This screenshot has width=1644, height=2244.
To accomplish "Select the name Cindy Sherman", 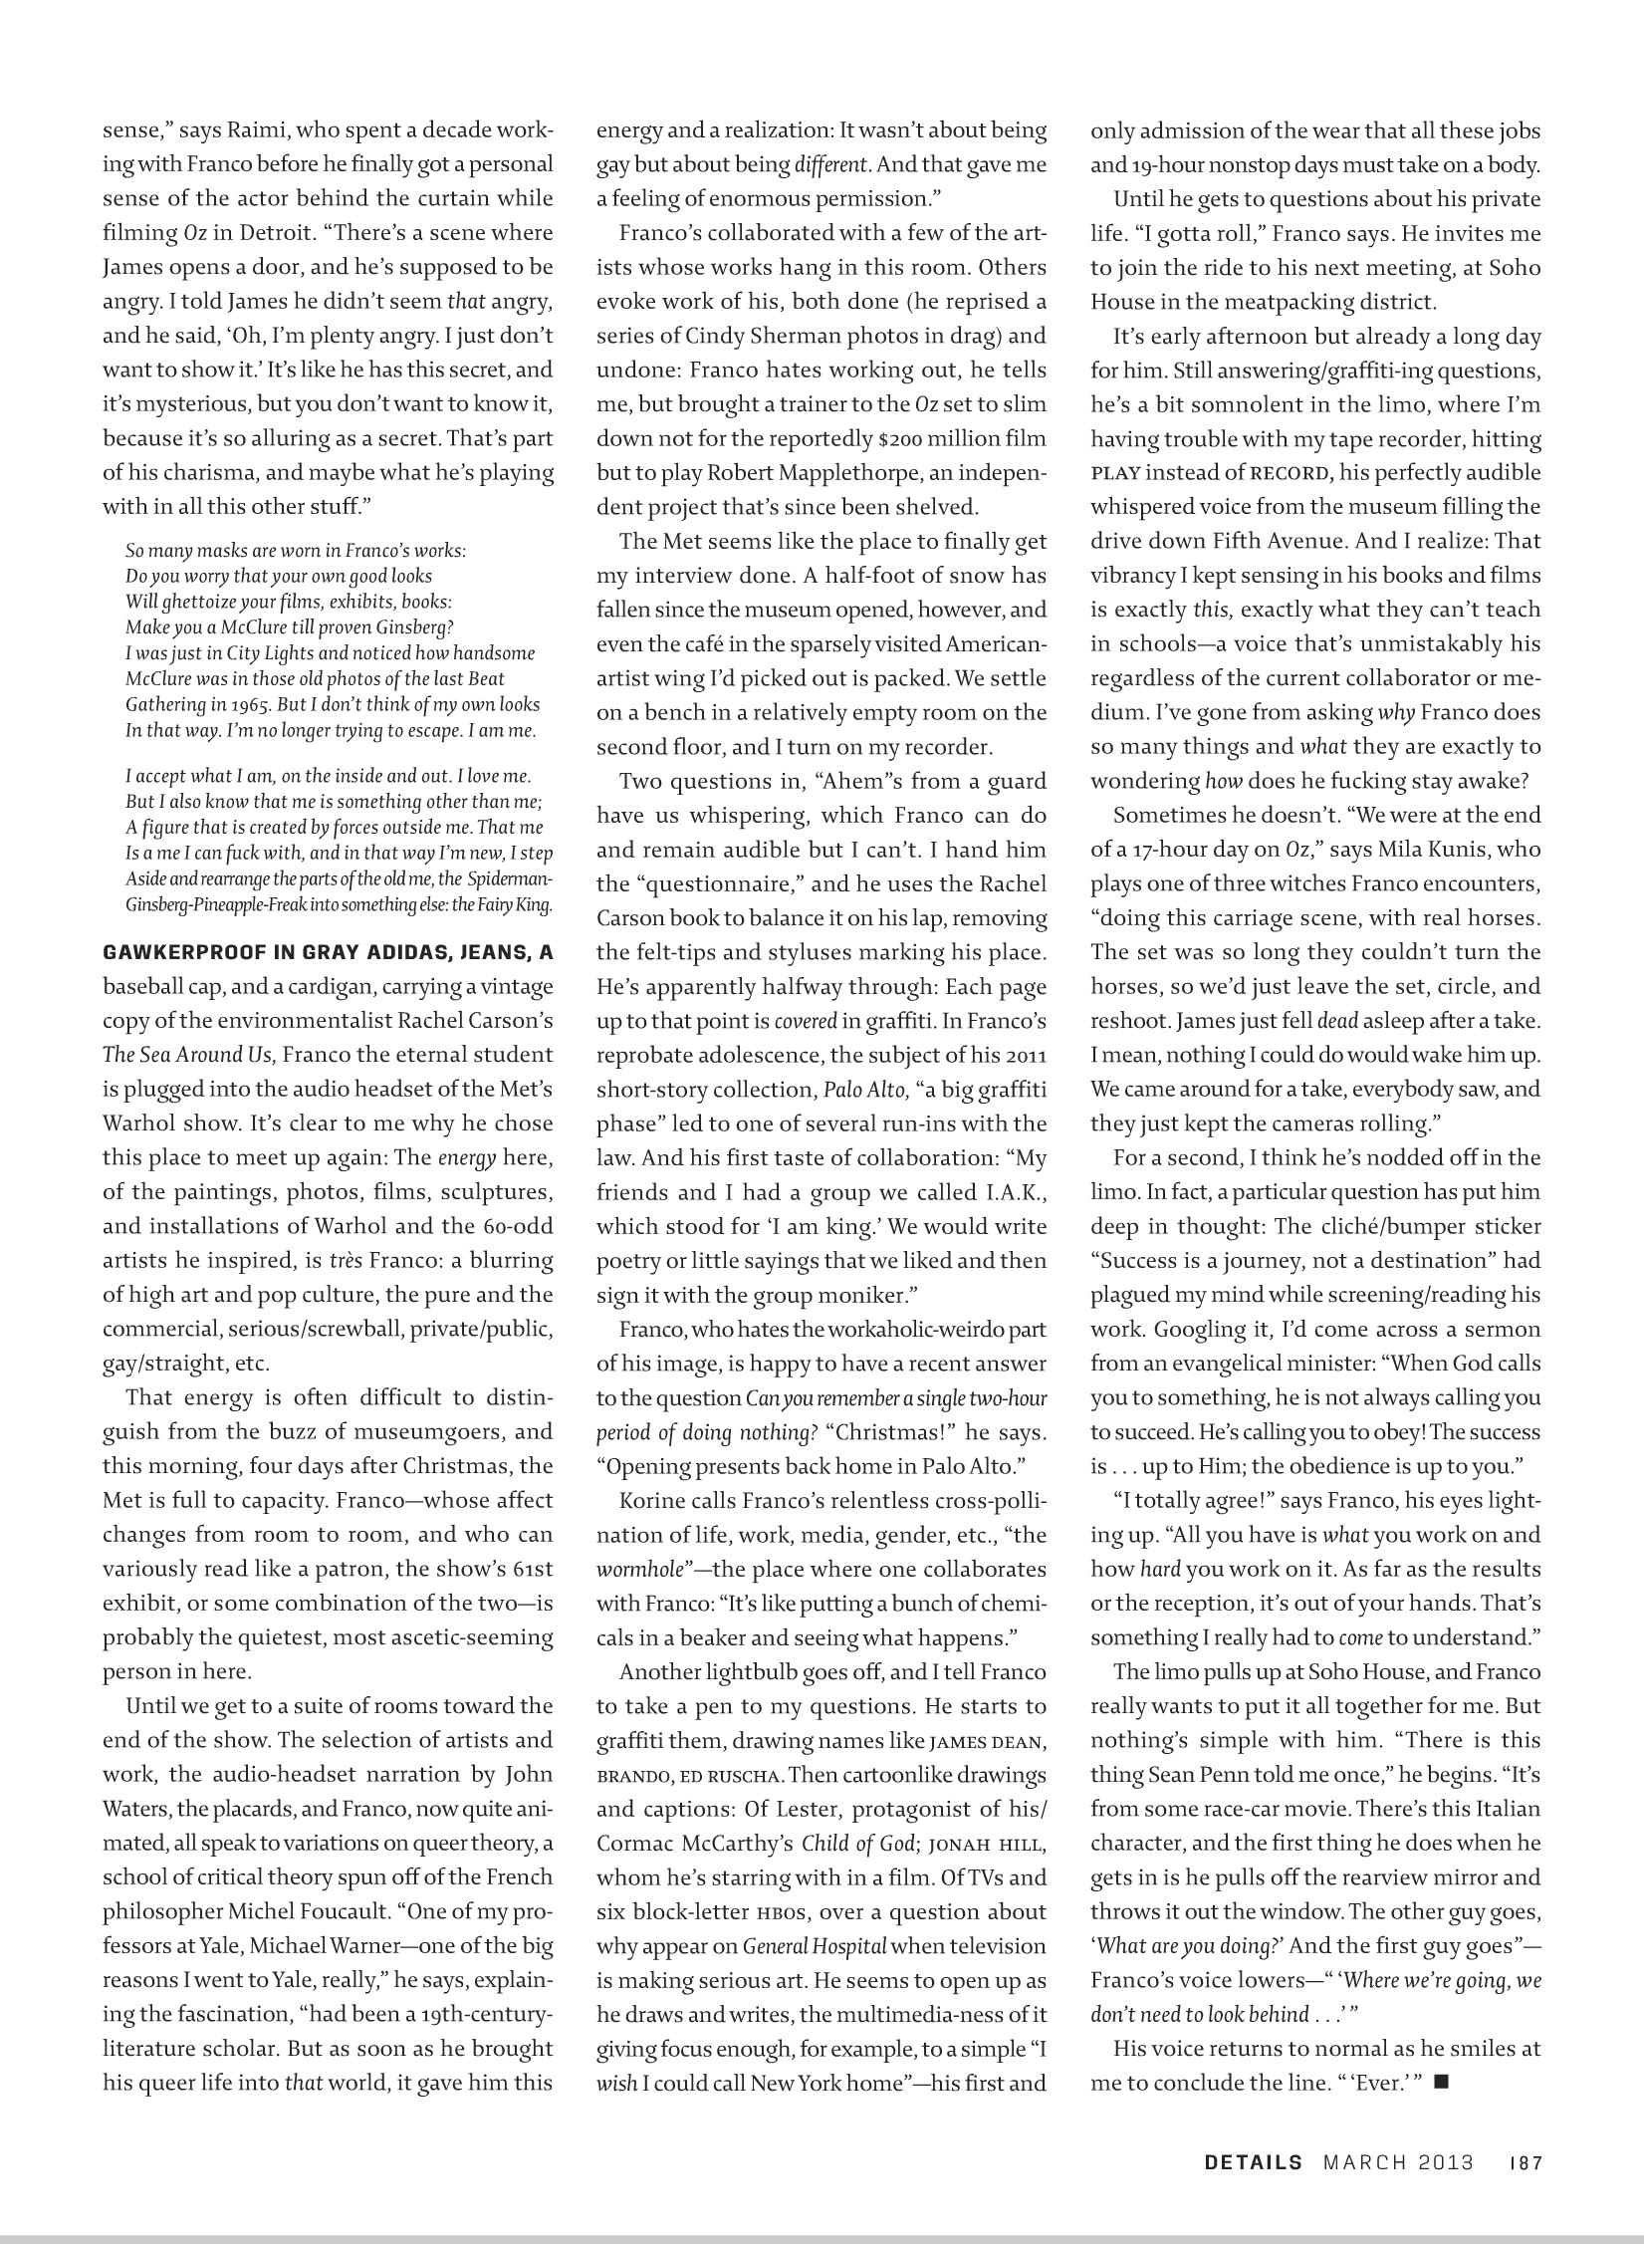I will tap(752, 336).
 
